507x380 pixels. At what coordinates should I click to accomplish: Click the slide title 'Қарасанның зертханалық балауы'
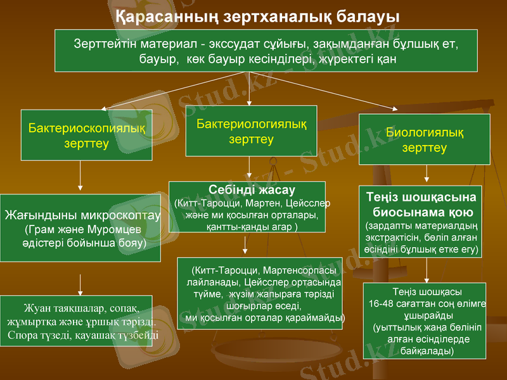(x=253, y=14)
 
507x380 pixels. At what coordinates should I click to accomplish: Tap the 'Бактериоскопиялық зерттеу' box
(x=86, y=135)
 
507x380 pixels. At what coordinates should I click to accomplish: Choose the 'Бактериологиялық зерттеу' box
(x=251, y=130)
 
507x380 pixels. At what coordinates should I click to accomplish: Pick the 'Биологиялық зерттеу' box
(x=424, y=139)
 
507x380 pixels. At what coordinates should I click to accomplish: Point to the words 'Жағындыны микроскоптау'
(x=82, y=215)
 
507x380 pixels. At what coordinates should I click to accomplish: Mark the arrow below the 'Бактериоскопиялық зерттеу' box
(x=80, y=176)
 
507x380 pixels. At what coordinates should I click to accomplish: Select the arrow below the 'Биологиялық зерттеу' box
(x=426, y=173)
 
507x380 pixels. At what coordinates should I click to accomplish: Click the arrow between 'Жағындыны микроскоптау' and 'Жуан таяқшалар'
(x=80, y=282)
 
